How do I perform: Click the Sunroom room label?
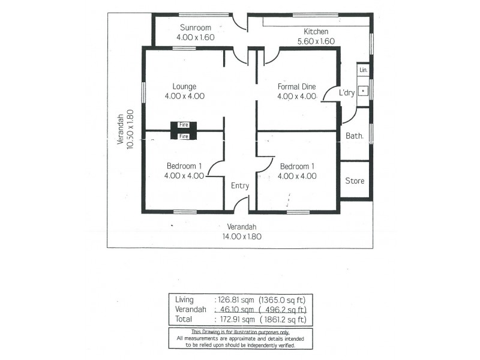(x=196, y=28)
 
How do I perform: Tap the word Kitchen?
(x=316, y=32)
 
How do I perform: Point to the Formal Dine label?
(x=296, y=86)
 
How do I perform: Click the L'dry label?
(x=347, y=93)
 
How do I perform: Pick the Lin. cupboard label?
(x=363, y=71)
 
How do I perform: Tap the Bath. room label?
(x=354, y=136)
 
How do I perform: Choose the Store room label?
(x=354, y=181)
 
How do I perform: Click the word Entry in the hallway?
(x=240, y=186)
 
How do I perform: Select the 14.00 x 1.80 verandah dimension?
(x=242, y=236)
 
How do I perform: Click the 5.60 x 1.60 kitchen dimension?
(x=316, y=41)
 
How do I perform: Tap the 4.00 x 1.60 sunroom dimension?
(x=196, y=37)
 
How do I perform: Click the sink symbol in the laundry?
(x=363, y=92)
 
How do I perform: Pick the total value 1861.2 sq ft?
(x=283, y=320)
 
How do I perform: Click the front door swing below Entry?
(x=241, y=204)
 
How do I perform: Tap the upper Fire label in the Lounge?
(x=184, y=124)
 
